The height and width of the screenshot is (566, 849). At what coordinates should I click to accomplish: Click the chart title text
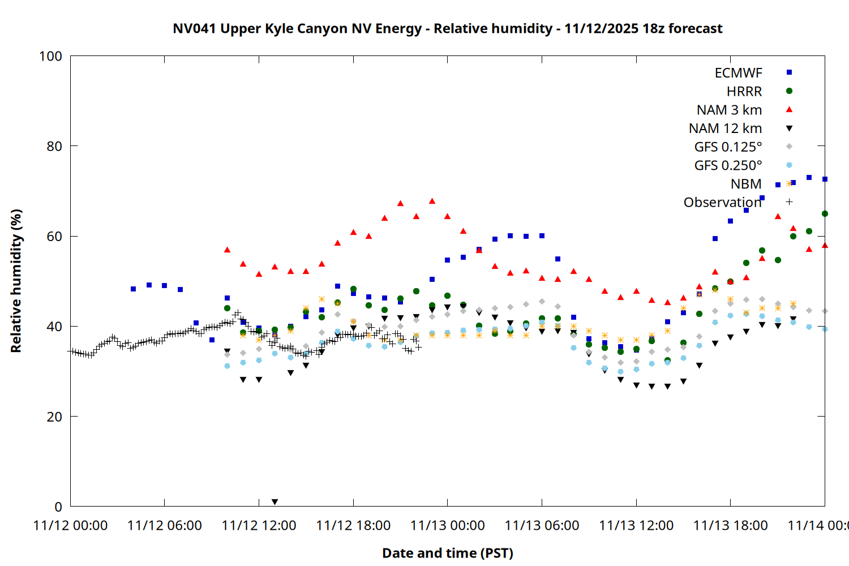pyautogui.click(x=447, y=28)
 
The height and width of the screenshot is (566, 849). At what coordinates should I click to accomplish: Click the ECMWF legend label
pyautogui.click(x=738, y=73)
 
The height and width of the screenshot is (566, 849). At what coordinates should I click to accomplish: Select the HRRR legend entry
pyautogui.click(x=744, y=92)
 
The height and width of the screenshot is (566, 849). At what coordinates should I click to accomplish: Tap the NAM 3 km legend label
pyautogui.click(x=729, y=110)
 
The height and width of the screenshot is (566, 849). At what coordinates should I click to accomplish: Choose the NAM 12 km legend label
pyautogui.click(x=725, y=128)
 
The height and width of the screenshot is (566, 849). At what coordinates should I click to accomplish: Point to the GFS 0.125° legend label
pyautogui.click(x=728, y=147)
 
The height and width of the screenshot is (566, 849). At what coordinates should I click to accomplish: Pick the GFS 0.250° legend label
pyautogui.click(x=728, y=165)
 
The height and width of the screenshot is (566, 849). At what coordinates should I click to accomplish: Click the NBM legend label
pyautogui.click(x=746, y=184)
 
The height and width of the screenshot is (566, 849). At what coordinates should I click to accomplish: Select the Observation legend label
pyautogui.click(x=722, y=202)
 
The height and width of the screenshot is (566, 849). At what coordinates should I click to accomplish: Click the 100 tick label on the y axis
pyautogui.click(x=50, y=56)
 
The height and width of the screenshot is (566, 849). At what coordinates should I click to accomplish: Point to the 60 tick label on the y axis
pyautogui.click(x=54, y=236)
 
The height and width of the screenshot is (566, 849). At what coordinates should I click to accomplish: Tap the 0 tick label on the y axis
pyautogui.click(x=58, y=507)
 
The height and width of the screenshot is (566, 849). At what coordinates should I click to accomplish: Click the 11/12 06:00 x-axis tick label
pyautogui.click(x=165, y=525)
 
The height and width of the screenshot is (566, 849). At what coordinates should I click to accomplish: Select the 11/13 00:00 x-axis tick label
pyautogui.click(x=448, y=525)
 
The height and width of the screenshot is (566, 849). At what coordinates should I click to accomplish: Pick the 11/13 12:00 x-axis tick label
pyautogui.click(x=636, y=525)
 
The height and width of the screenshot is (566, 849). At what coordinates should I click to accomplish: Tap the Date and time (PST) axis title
pyautogui.click(x=447, y=553)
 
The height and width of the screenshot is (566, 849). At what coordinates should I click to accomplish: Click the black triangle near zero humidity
pyautogui.click(x=275, y=502)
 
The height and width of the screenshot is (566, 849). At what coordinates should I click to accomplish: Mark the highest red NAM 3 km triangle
pyautogui.click(x=432, y=201)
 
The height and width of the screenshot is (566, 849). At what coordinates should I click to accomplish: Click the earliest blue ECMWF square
pyautogui.click(x=133, y=289)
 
